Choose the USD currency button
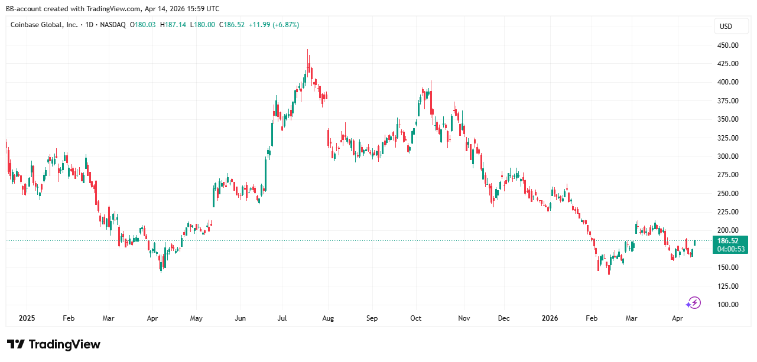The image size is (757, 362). click(x=725, y=26)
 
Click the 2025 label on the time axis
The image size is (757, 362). click(x=27, y=318)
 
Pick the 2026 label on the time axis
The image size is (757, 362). click(x=550, y=318)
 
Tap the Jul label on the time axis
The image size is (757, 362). click(x=282, y=318)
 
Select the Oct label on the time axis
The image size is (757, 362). click(x=416, y=318)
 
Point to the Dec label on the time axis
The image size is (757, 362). click(x=503, y=318)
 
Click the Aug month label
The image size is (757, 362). click(x=328, y=318)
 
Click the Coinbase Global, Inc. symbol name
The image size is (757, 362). click(x=44, y=25)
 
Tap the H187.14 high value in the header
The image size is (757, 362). click(x=174, y=25)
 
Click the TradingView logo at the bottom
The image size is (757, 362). click(x=54, y=344)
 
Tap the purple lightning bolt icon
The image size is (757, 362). click(x=693, y=303)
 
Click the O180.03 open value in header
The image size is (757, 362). click(x=144, y=25)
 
